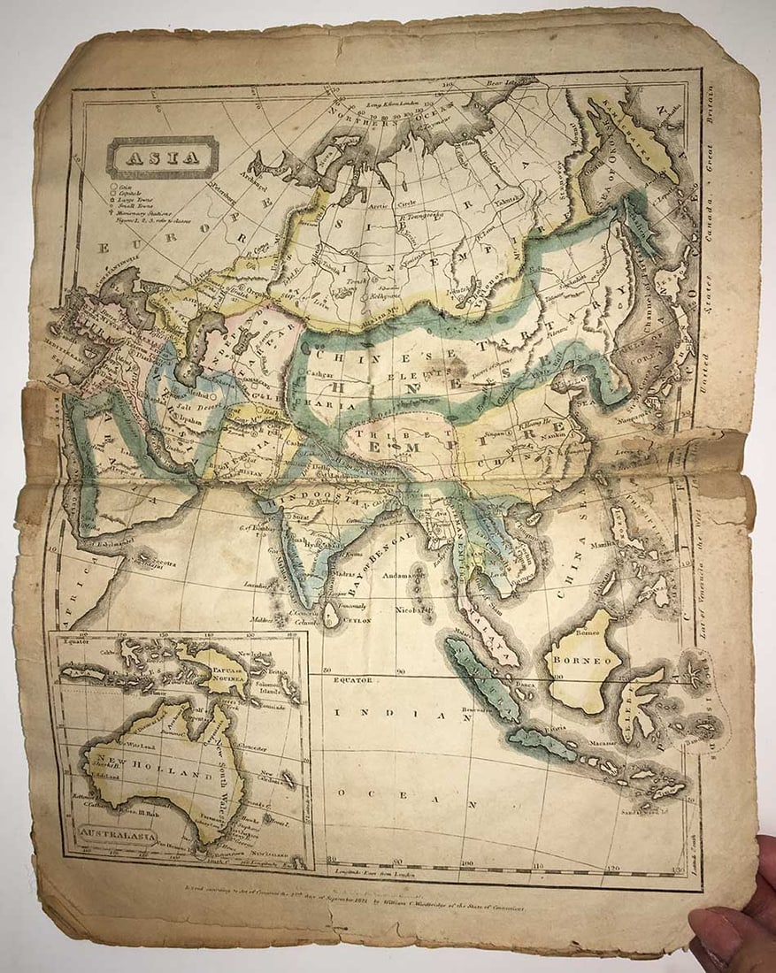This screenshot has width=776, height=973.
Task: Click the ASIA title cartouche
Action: tap(162, 159)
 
